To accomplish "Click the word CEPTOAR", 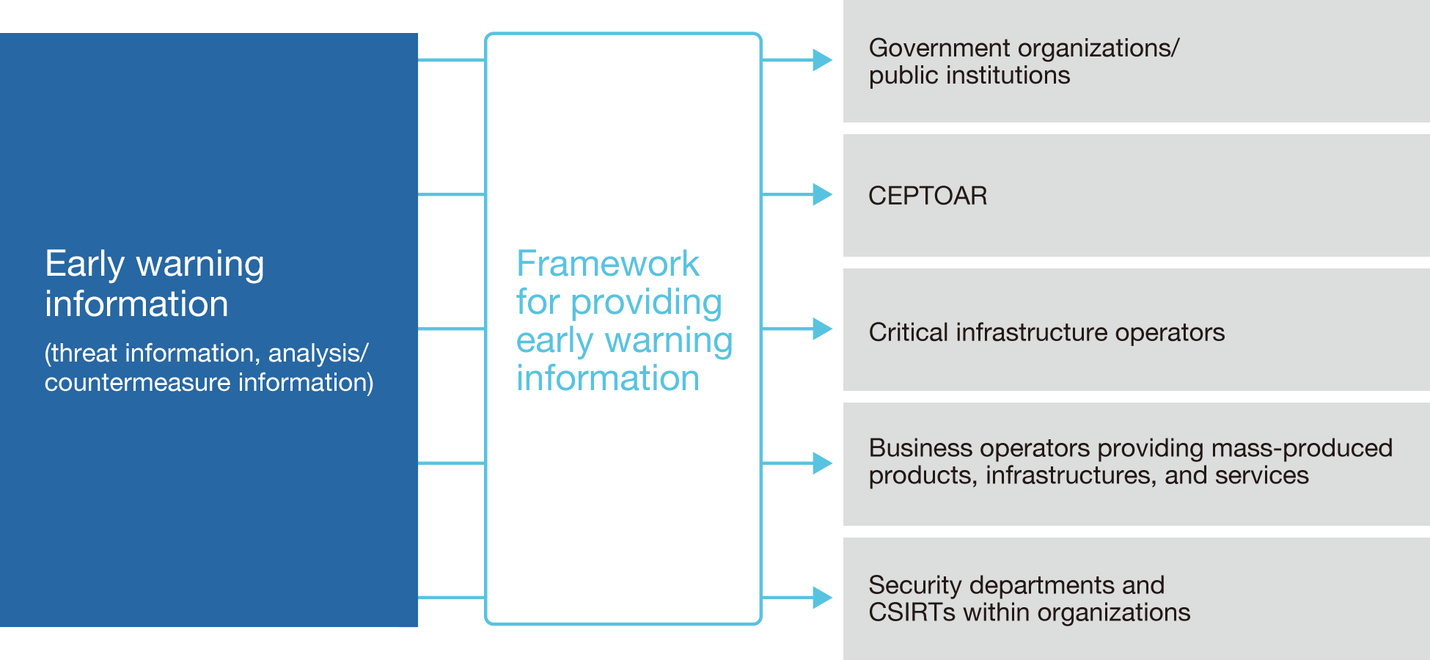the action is (x=928, y=196).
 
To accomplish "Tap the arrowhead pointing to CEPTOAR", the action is (x=823, y=194).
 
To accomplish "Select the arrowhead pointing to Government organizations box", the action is (x=823, y=60).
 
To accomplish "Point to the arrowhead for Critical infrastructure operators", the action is (x=823, y=329).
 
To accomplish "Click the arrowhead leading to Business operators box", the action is (x=823, y=463).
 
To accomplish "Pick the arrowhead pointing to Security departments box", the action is (x=823, y=598).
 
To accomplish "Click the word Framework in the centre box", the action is (x=608, y=263).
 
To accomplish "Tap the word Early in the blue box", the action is (x=84, y=265).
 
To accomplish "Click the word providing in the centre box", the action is (x=646, y=303).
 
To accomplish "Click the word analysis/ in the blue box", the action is (x=318, y=353).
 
